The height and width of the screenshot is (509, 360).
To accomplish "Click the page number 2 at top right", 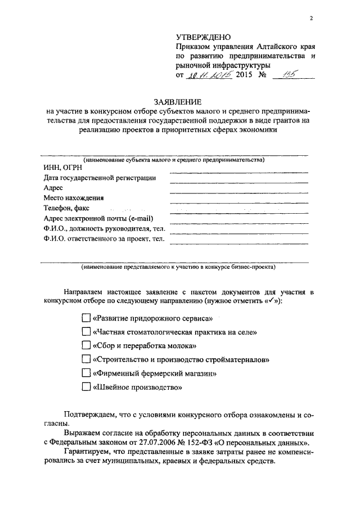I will pos(310,19).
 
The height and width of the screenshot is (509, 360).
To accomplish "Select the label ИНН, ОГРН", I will pos(62,168).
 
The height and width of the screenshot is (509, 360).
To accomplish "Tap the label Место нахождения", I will pos(73,198).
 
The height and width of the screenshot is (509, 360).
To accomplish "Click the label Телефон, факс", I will pos(67,208).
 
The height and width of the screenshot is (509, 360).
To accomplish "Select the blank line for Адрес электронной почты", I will pos(238,223).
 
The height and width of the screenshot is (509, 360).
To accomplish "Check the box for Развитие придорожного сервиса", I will pos(85,318).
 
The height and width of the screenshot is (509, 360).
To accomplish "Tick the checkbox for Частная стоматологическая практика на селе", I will pos(85,332).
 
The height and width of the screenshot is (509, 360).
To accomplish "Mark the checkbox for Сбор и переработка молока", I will pos(85,345).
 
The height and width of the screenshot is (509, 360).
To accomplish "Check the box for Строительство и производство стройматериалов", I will pos(85,359).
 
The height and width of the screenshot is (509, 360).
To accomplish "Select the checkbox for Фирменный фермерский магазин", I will pos(85,373).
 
